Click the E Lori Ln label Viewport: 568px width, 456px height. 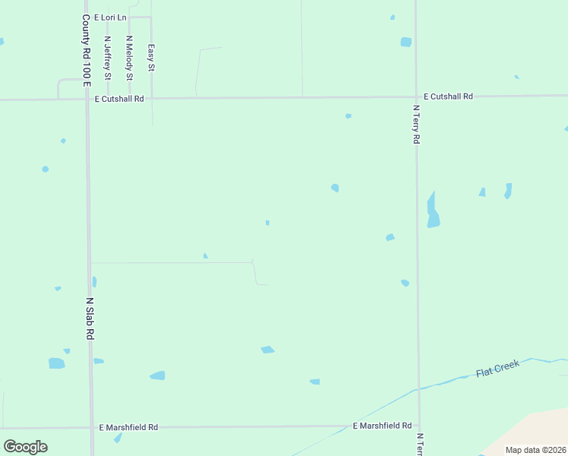pos(111,17)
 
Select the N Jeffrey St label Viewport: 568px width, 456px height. pos(108,58)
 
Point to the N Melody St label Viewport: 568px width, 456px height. pos(130,58)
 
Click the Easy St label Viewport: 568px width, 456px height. pos(151,58)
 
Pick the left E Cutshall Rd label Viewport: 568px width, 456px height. pos(119,99)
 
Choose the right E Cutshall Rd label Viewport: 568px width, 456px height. pos(448,97)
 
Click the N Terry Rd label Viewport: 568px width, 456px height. pos(417,125)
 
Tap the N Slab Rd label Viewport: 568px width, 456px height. pos(90,318)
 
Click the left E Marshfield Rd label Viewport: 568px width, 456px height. pos(128,427)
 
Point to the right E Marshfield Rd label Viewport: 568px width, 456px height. pos(383,426)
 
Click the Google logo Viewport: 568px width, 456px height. pos(25,446)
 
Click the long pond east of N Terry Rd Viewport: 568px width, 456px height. pos(433,210)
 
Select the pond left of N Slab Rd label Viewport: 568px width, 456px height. pos(57,363)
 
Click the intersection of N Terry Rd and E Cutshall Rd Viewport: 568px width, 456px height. pos(416,97)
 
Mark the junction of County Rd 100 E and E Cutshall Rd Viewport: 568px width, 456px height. pos(87,99)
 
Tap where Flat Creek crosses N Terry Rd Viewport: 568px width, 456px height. pos(418,389)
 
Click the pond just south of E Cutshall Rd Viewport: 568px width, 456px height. pos(348,116)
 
